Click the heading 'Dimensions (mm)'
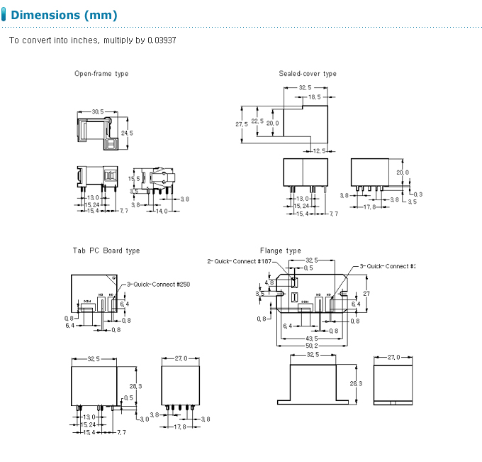pos(65,15)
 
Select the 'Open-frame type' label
pos(101,74)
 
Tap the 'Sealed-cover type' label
pos(308,74)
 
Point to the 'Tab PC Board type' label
pos(106,251)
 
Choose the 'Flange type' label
pos(281,251)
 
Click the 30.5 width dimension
pos(98,111)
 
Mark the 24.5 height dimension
pos(127,133)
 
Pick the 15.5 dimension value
pos(134,179)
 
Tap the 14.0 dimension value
pos(162,211)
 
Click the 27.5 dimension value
pos(242,124)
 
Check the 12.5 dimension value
pos(319,150)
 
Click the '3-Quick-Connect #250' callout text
pos(159,285)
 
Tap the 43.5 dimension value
pos(312,339)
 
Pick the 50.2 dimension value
pos(312,346)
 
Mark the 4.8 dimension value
pos(269,282)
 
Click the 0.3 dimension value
pos(417,194)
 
